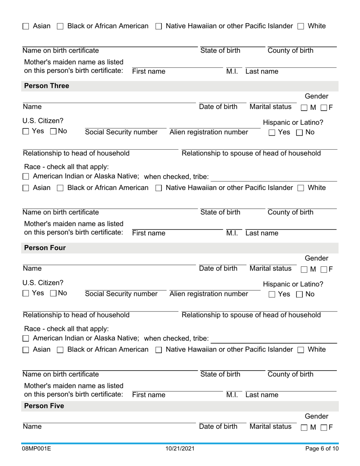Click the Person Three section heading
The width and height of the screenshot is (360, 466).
coord(47,86)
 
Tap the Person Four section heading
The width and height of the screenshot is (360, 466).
coord(45,248)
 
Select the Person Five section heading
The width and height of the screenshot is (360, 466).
coord(44,406)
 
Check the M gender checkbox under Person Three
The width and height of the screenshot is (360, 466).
coord(304,108)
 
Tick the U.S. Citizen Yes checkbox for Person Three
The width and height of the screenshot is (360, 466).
coord(26,131)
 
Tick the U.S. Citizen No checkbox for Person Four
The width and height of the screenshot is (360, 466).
coord(53,293)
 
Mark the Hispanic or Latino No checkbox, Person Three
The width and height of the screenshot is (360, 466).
coord(299,133)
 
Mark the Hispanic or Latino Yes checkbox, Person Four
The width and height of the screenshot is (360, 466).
coord(272,294)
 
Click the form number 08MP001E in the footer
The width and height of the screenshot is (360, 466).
coord(36,449)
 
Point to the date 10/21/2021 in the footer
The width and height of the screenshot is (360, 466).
coord(180,449)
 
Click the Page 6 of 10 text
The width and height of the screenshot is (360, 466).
coord(322,449)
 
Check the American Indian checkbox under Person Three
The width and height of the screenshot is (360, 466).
coord(26,177)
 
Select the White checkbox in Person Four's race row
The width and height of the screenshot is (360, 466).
coord(301,350)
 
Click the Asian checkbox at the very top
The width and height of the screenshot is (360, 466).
coord(26,27)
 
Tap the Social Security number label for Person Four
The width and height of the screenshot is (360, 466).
coord(121,294)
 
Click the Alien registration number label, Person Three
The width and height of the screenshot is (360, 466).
coord(209,132)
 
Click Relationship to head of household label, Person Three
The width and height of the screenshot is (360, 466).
coord(76,153)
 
